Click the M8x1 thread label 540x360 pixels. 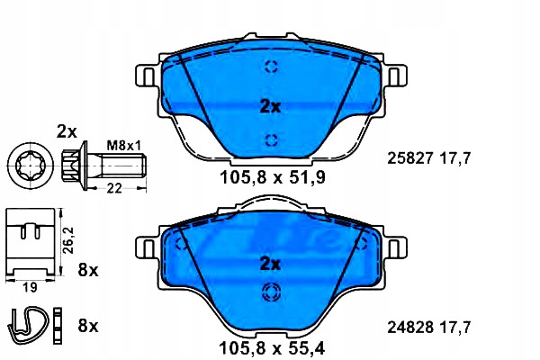click(123, 146)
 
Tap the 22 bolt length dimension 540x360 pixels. click(114, 188)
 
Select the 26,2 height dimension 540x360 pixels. click(69, 240)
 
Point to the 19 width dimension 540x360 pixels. click(30, 287)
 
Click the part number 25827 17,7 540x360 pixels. click(428, 158)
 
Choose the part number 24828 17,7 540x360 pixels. click(428, 327)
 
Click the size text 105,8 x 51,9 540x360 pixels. click(272, 178)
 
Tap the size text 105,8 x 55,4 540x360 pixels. click(272, 348)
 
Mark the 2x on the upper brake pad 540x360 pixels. click(270, 107)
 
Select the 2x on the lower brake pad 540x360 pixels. click(270, 265)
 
